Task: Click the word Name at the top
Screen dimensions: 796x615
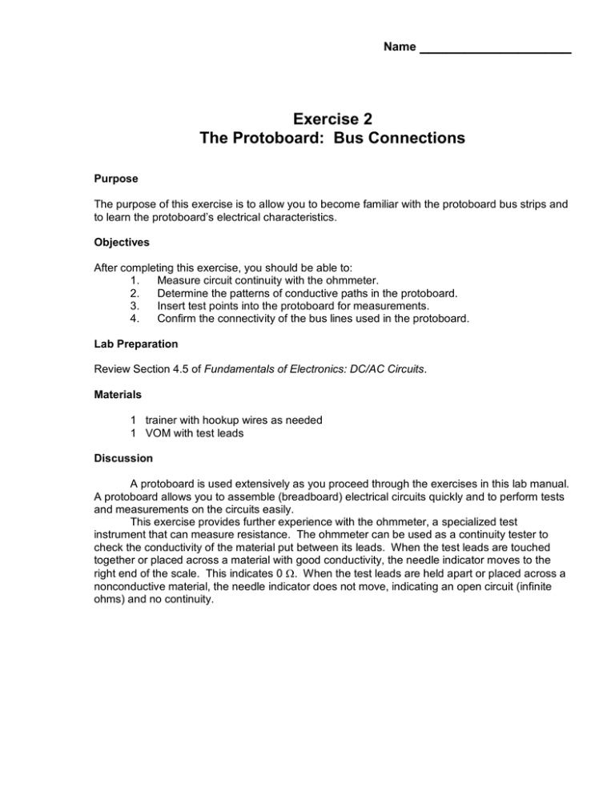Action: point(400,47)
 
